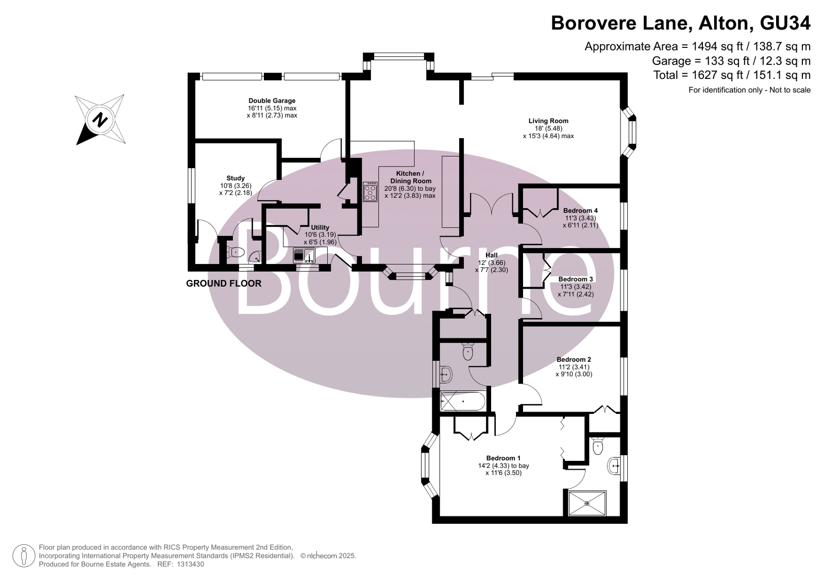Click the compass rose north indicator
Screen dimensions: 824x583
click(100, 120)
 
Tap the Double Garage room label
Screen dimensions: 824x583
click(272, 101)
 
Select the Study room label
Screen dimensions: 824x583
click(236, 178)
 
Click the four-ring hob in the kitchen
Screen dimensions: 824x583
click(370, 192)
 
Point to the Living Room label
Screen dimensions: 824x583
click(548, 121)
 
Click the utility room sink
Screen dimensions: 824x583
click(304, 256)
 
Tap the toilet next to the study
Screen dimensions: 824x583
click(236, 252)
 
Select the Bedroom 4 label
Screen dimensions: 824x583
click(580, 210)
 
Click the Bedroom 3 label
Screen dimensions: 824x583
click(576, 279)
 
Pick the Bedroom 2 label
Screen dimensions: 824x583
click(574, 360)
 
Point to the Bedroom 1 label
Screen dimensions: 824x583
click(503, 458)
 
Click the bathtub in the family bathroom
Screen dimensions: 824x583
click(463, 402)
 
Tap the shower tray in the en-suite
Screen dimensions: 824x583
click(587, 503)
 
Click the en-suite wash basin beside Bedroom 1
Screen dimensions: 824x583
click(614, 466)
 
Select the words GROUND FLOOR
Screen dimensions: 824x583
click(224, 284)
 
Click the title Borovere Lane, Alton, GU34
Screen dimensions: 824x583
click(681, 23)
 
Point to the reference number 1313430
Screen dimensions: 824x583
click(190, 564)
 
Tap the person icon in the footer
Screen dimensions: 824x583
click(24, 556)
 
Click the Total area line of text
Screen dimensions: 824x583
click(732, 75)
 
